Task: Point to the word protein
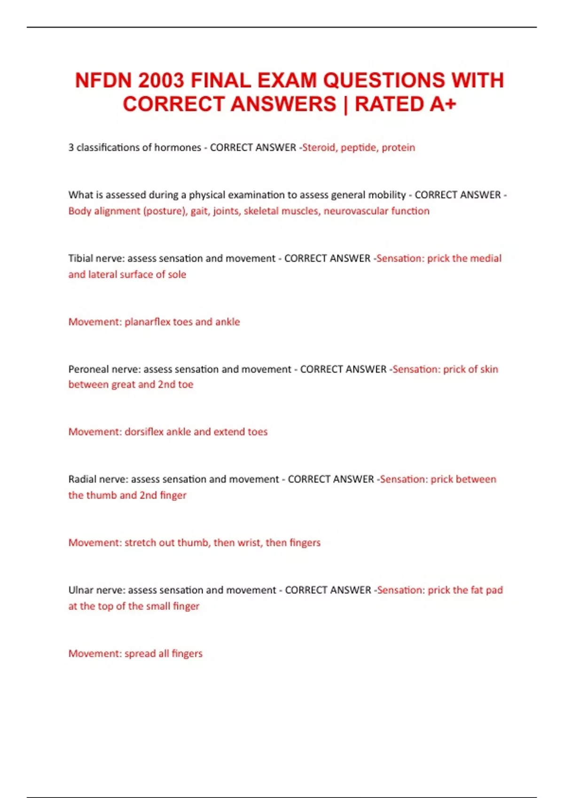[x=398, y=147]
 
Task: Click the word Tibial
[x=80, y=258]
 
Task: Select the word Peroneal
[x=88, y=369]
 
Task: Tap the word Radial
[x=82, y=479]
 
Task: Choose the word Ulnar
[x=81, y=590]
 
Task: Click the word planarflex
[x=147, y=322]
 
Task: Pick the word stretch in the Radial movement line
[x=140, y=543]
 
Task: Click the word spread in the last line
[x=140, y=653]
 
